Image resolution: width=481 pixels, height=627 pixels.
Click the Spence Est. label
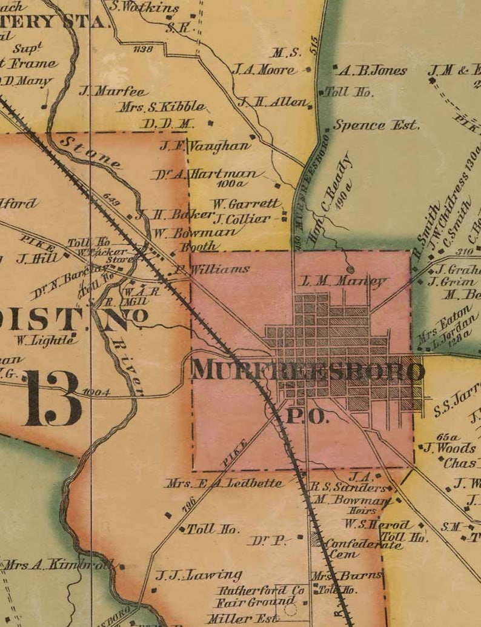[x=376, y=125]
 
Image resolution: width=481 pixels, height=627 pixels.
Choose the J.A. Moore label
[x=265, y=70]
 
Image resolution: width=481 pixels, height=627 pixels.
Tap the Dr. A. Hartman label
[x=207, y=174]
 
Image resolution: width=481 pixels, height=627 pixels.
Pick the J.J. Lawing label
[x=199, y=575]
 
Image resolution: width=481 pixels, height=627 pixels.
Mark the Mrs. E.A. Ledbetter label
[x=224, y=483]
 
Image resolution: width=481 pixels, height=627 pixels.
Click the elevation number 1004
[x=96, y=392]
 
